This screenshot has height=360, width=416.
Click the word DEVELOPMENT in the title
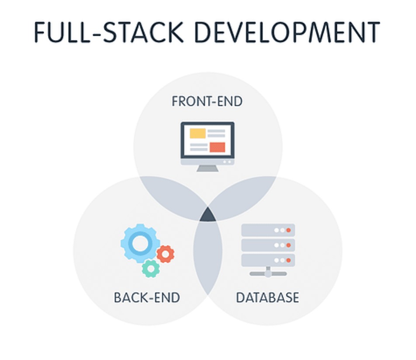(288, 32)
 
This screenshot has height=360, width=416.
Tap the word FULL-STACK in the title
(109, 32)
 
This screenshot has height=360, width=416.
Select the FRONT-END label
(207, 101)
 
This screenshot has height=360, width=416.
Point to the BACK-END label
(147, 298)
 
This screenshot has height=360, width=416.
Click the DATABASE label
(267, 298)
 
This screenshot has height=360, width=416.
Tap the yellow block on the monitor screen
(198, 133)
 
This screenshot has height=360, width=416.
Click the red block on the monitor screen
(217, 147)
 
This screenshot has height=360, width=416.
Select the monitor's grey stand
(208, 168)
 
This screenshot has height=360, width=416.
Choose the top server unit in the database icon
(268, 230)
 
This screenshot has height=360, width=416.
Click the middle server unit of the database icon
(268, 245)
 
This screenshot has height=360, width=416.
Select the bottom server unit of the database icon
(268, 260)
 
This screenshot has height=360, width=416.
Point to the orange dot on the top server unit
(289, 230)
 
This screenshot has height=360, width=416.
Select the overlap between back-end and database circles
(208, 257)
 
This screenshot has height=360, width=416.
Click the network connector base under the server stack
(268, 273)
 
